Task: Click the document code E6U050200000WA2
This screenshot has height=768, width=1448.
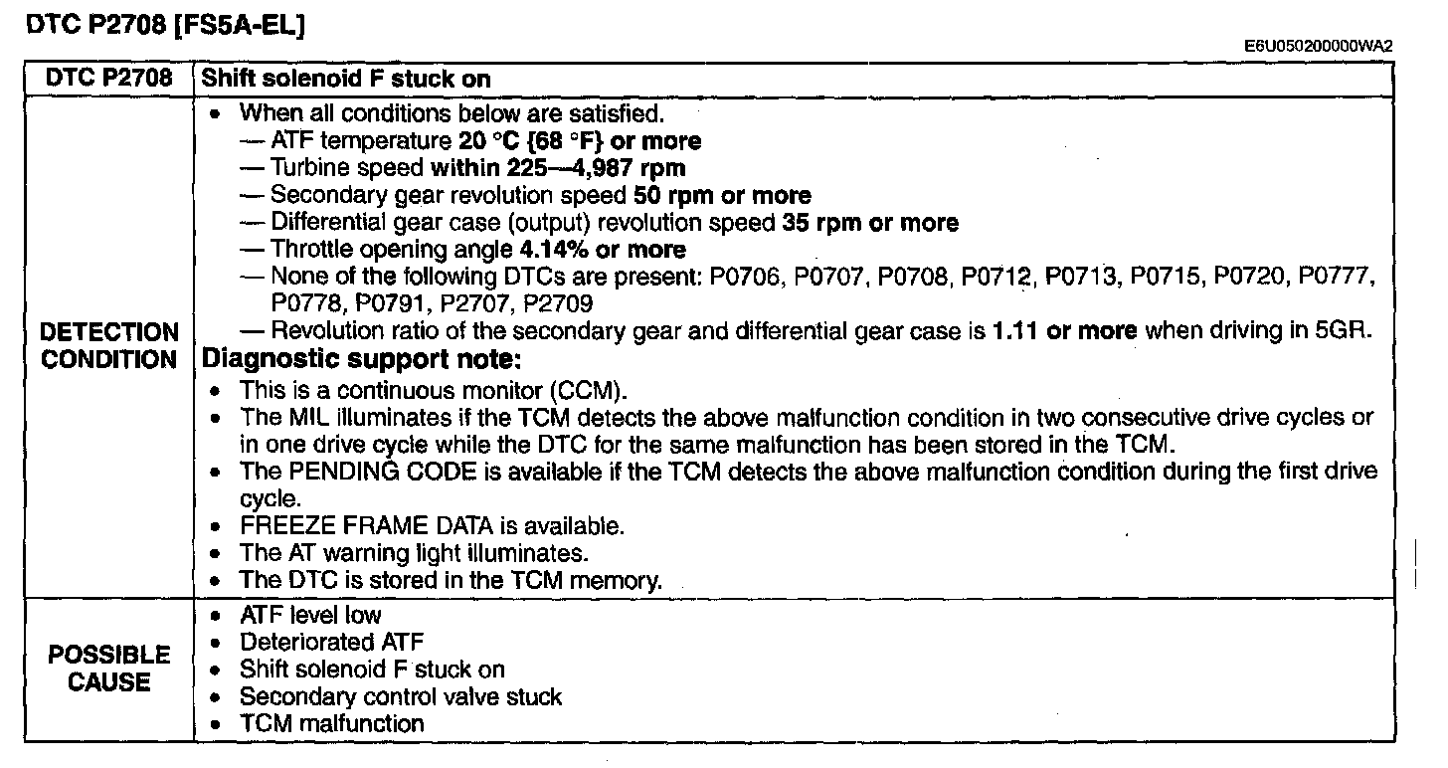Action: click(1318, 46)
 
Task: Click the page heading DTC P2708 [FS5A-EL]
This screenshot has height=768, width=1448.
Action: click(165, 25)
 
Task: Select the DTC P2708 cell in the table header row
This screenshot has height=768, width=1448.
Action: click(108, 79)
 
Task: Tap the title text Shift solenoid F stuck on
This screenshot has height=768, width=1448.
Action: click(346, 79)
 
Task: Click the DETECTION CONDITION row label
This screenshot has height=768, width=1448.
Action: click(108, 346)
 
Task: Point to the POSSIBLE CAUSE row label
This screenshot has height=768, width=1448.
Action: click(108, 669)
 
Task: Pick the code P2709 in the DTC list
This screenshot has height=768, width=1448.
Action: click(558, 303)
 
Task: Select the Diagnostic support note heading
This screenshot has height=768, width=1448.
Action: click(362, 359)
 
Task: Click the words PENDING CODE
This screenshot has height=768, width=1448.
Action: click(383, 472)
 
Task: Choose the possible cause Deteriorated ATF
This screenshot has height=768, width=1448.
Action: click(331, 642)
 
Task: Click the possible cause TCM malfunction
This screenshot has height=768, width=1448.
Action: click(331, 723)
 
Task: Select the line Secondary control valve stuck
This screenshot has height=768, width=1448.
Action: click(401, 697)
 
